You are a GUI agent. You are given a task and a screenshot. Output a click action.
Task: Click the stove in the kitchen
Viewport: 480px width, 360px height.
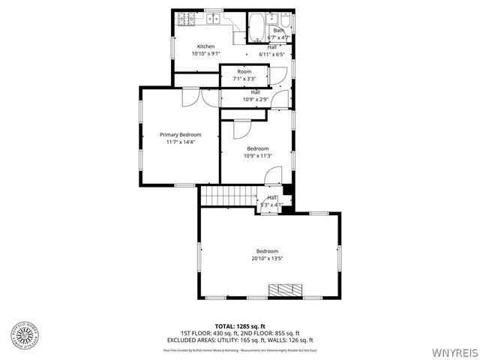tap(184, 18)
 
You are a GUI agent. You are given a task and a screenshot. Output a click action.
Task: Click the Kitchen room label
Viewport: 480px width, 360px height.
tap(205, 46)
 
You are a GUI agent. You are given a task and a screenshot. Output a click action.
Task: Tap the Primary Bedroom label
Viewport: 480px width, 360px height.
tap(180, 134)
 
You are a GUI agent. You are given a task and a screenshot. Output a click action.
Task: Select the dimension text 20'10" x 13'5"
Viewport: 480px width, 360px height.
tap(267, 259)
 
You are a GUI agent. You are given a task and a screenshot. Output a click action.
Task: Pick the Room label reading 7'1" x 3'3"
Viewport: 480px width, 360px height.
tap(244, 79)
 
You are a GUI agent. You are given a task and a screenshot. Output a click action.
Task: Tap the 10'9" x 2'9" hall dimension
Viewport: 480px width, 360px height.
tap(255, 99)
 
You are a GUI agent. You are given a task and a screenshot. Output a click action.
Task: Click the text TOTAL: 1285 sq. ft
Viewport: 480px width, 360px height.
tap(240, 326)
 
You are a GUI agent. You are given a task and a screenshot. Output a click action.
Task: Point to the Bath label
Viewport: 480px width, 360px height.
tap(278, 30)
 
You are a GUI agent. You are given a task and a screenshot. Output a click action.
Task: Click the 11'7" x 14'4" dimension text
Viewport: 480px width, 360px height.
tap(180, 142)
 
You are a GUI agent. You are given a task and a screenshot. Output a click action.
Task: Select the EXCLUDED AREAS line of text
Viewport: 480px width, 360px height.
tap(240, 340)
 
